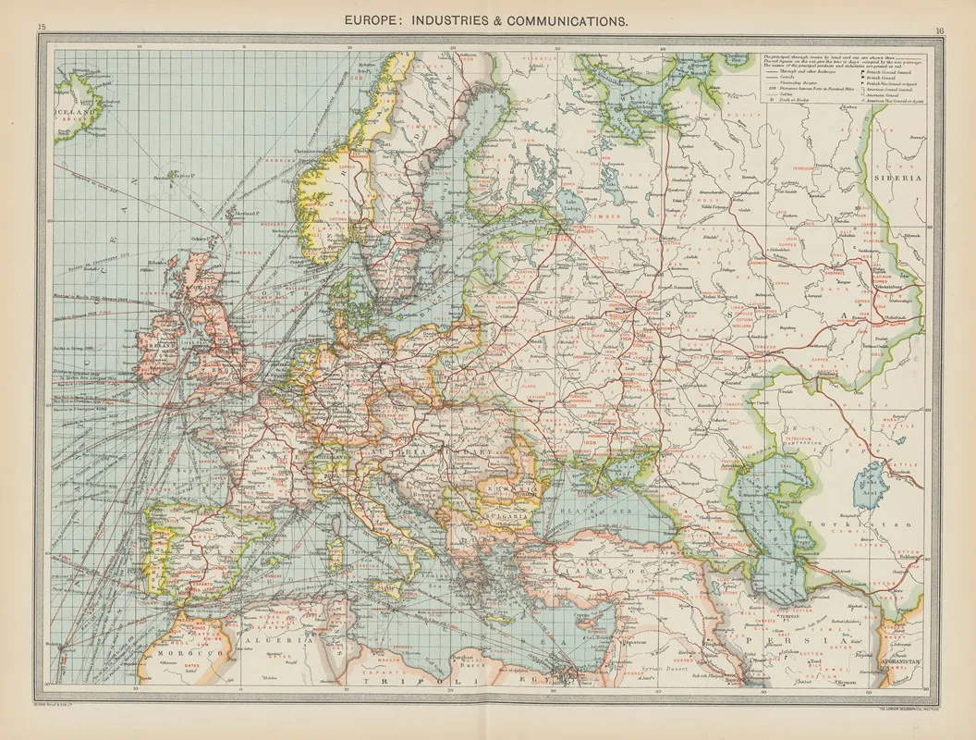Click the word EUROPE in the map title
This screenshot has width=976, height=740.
point(379,18)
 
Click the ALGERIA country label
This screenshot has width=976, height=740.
point(276,639)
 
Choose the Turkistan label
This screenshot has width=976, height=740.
point(839,524)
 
